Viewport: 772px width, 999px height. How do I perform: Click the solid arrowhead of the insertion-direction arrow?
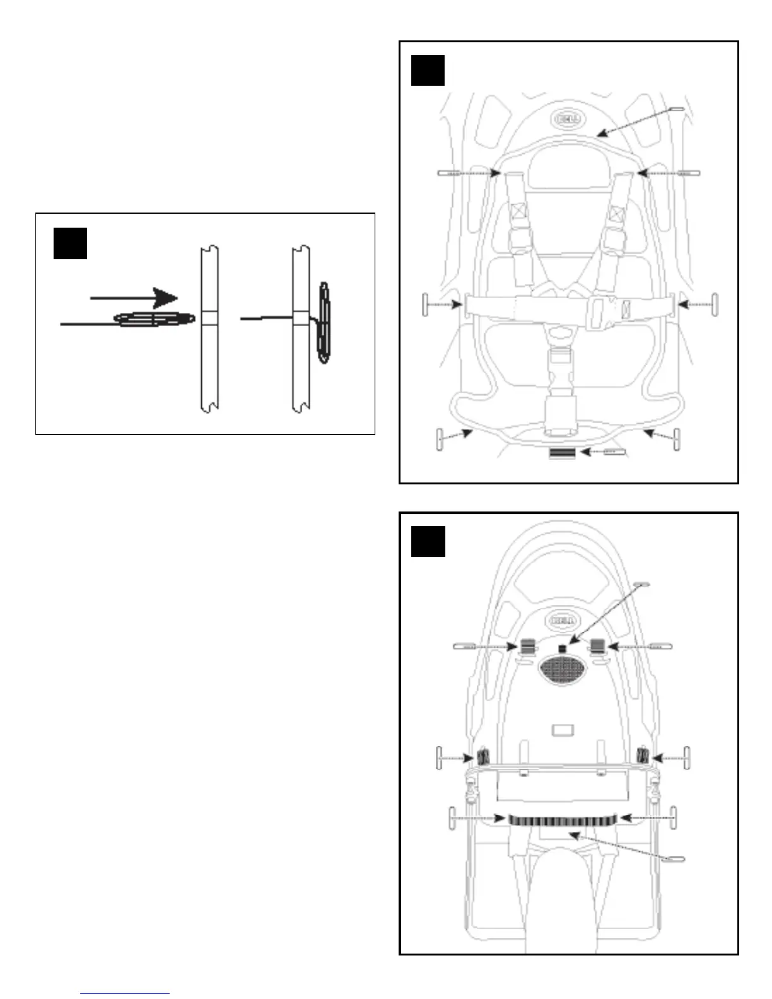tap(167, 298)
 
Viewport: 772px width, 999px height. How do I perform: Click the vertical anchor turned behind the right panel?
tap(324, 322)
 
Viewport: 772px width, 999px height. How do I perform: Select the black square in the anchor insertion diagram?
tap(69, 243)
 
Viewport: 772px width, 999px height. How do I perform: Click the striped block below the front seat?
tap(562, 453)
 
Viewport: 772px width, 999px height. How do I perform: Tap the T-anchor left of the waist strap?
tap(426, 305)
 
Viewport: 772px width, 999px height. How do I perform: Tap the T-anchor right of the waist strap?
tap(715, 305)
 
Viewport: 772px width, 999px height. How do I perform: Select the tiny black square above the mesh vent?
tap(563, 648)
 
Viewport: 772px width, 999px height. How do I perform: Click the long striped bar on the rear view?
tap(562, 819)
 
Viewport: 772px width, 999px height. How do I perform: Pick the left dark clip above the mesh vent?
tap(528, 646)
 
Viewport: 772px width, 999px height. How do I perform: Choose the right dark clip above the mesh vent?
tap(597, 646)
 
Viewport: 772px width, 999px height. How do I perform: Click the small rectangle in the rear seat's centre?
tap(563, 730)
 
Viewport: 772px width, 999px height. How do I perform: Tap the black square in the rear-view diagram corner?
tap(428, 541)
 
